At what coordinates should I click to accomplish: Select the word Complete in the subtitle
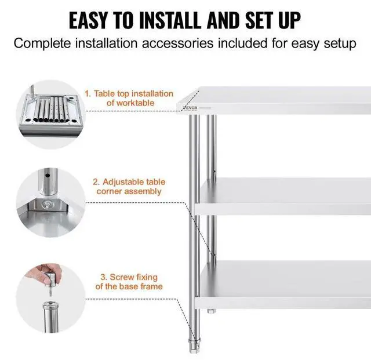[x=41, y=44]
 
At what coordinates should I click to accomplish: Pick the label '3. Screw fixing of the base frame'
[x=129, y=282]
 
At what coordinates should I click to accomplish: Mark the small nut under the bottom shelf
[x=211, y=314]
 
